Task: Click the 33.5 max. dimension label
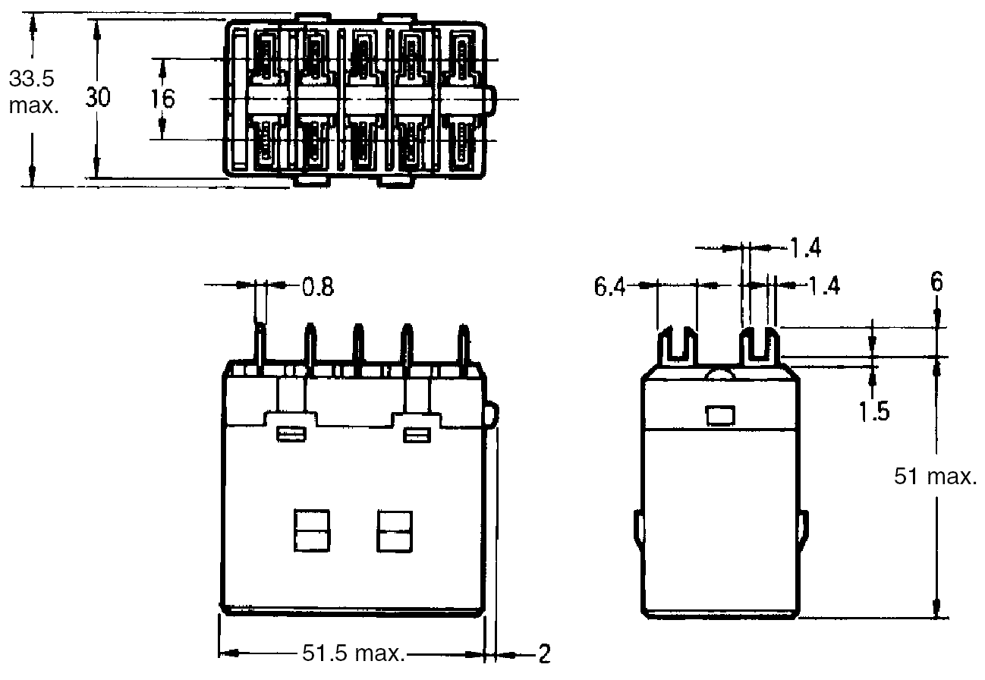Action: pos(33,92)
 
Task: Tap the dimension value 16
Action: pos(162,99)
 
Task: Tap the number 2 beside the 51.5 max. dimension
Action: pos(544,654)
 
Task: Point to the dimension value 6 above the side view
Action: pos(937,282)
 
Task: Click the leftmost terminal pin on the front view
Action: pos(260,346)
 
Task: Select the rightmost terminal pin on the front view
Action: pos(461,346)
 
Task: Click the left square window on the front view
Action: pos(311,530)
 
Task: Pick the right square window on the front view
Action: pos(394,530)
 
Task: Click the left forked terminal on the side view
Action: pos(677,346)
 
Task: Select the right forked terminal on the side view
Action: pos(760,346)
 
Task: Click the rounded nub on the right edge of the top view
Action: pos(493,99)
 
